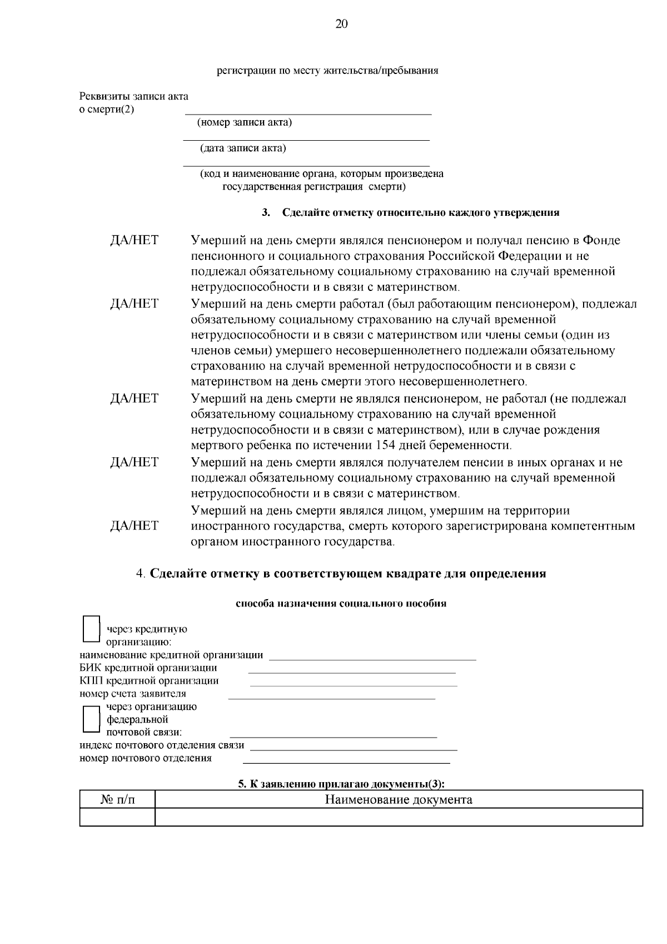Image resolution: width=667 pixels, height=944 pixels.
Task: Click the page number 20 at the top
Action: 341,23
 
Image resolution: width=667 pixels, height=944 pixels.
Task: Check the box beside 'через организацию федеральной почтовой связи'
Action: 91,718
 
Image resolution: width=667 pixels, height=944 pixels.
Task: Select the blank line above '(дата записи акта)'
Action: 306,139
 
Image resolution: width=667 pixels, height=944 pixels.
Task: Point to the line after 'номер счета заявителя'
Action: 332,697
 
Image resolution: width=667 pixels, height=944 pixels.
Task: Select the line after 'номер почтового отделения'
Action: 346,762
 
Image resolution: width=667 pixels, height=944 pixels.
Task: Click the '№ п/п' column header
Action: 117,800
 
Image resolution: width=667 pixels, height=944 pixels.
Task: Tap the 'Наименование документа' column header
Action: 398,800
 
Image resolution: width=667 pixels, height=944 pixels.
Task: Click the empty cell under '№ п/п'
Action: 117,817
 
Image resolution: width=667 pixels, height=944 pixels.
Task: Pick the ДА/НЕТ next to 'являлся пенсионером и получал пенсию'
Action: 134,240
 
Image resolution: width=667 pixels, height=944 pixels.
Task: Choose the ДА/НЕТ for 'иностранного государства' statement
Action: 134,526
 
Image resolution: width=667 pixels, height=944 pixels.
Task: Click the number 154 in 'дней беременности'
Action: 387,446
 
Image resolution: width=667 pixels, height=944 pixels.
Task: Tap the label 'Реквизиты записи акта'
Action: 134,96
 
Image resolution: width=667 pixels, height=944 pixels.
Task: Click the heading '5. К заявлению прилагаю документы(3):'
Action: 341,784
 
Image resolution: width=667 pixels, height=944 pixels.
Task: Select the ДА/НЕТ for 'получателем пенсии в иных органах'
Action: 134,462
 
